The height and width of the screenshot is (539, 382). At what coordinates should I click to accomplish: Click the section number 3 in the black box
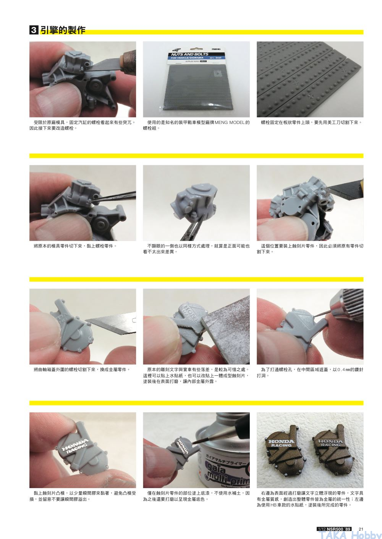[x=34, y=30]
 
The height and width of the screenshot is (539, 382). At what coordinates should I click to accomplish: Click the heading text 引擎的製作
[x=63, y=30]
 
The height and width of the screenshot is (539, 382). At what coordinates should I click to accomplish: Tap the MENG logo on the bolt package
[x=216, y=49]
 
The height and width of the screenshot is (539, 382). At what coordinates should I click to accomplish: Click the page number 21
[x=361, y=529]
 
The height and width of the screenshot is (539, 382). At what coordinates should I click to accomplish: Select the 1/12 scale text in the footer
[x=322, y=529]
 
